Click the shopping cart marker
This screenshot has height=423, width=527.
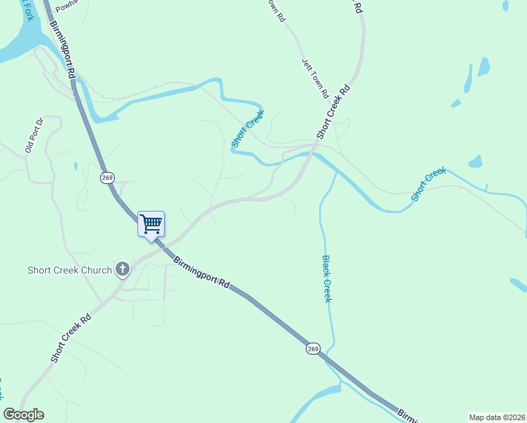click(151, 224)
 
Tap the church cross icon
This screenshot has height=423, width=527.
click(123, 269)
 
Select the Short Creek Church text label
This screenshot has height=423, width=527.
click(70, 270)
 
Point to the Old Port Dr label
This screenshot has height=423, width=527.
click(35, 135)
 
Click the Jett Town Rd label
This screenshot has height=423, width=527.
click(315, 78)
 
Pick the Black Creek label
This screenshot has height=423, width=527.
click(327, 278)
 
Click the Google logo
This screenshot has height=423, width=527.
click(23, 415)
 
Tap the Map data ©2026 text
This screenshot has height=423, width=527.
click(497, 417)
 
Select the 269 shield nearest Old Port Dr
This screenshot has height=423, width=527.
click(106, 178)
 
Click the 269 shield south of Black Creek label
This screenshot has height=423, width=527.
click(313, 348)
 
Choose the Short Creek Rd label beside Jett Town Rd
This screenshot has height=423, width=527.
click(333, 111)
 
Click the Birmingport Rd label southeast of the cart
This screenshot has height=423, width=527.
click(201, 271)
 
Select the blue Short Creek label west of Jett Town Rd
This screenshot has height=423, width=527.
click(248, 128)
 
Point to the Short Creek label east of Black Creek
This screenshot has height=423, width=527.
click(429, 184)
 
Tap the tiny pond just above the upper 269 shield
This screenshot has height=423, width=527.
click(75, 166)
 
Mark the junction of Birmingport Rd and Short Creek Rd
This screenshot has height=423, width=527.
click(163, 245)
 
